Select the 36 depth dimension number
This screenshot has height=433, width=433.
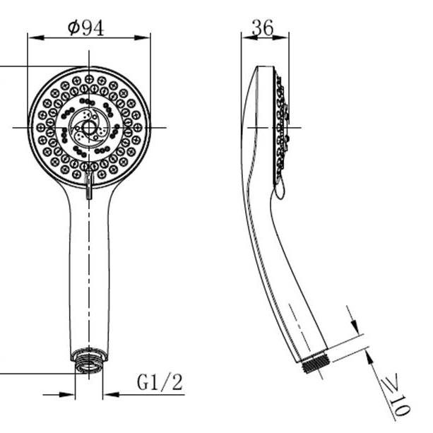pyautogui.click(x=262, y=28)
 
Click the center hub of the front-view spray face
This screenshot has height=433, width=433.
pyautogui.click(x=89, y=128)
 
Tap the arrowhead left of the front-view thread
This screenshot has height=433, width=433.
pyautogui.click(x=70, y=393)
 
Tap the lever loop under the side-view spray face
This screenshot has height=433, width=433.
pyautogui.click(x=279, y=188)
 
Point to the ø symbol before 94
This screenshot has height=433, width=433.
pyautogui.click(x=73, y=28)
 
